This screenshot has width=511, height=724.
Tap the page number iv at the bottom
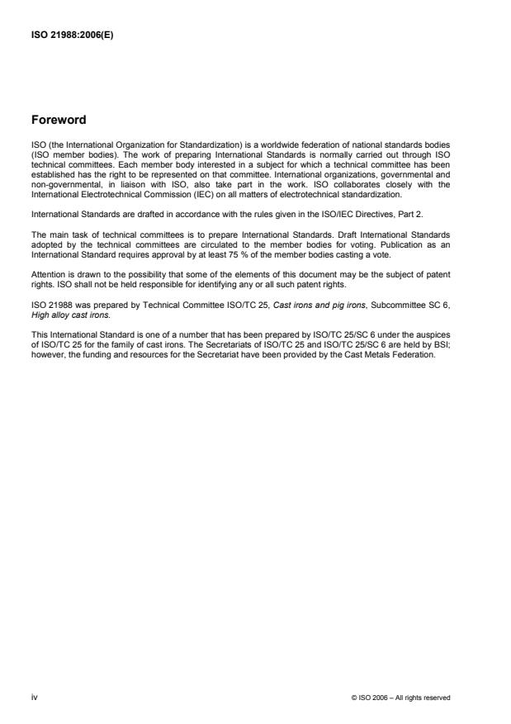[x=34, y=698]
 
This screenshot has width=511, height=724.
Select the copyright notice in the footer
[x=401, y=698]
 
